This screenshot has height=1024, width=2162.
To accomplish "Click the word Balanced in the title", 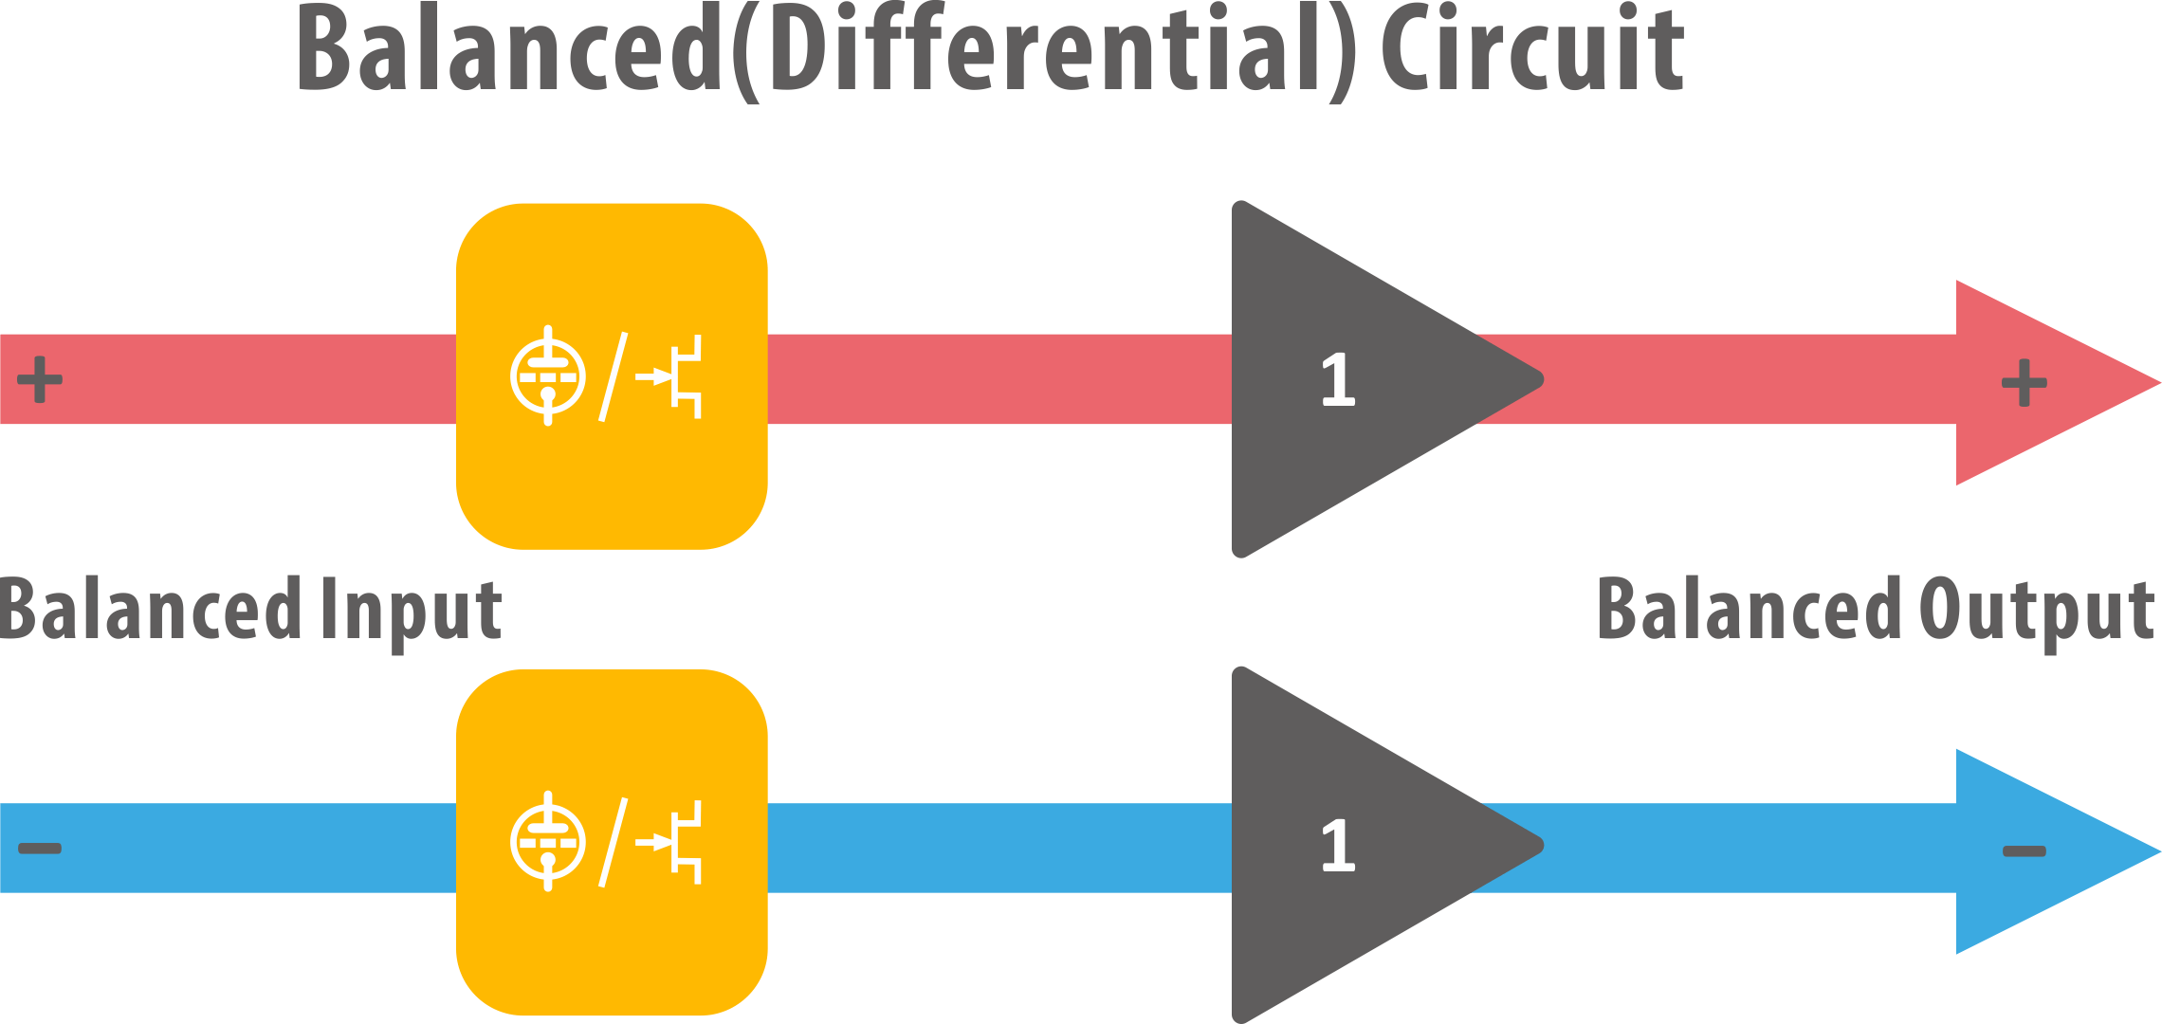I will [x=512, y=52].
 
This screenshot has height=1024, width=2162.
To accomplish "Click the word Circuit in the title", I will [x=1531, y=52].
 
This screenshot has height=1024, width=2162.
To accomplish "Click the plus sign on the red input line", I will [x=40, y=379].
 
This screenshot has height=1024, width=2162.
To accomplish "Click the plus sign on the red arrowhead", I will [x=2024, y=383].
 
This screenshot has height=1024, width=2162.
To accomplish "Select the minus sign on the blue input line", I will [x=40, y=848].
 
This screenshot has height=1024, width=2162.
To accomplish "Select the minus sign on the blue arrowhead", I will [x=2024, y=851].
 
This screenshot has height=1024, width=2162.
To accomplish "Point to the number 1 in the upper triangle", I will [x=1338, y=380].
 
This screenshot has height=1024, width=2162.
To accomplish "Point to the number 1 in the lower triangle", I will [x=1338, y=846].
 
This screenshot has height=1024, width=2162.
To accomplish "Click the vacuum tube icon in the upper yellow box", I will [x=548, y=376].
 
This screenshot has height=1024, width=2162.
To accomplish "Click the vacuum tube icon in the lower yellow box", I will [x=548, y=841].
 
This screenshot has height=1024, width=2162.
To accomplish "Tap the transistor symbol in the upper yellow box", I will [x=673, y=376].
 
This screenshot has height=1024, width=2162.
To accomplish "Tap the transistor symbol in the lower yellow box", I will [x=673, y=842].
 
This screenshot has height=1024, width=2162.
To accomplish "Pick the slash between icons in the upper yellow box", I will [x=614, y=376].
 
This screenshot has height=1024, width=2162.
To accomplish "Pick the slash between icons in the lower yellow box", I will [x=614, y=842].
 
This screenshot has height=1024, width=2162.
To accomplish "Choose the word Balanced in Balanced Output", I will [x=1750, y=612].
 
